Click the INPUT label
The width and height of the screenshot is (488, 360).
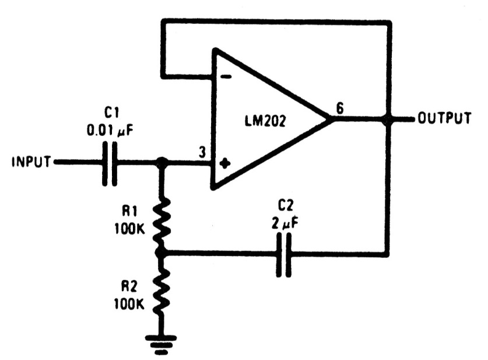click(31, 162)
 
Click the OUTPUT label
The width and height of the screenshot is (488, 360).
click(444, 118)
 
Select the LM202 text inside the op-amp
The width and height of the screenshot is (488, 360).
click(265, 121)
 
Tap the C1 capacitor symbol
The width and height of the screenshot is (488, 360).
click(110, 164)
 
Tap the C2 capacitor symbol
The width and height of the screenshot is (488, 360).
click(284, 255)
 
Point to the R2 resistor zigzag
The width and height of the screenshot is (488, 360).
click(162, 291)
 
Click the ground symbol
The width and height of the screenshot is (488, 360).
click(161, 345)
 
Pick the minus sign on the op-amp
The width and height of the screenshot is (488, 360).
click(226, 76)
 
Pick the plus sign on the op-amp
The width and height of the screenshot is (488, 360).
click(225, 163)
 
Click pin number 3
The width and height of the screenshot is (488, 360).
click(202, 153)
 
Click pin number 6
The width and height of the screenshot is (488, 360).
click(340, 109)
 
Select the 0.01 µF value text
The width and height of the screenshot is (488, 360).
click(110, 131)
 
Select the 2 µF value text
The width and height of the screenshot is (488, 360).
click(285, 223)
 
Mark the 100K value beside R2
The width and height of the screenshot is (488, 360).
click(129, 303)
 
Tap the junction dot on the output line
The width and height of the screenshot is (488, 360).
click(388, 119)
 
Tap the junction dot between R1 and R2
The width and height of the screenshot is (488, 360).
click(162, 253)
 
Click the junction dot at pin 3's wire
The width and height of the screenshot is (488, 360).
click(162, 162)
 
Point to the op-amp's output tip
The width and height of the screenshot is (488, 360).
click(330, 119)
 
